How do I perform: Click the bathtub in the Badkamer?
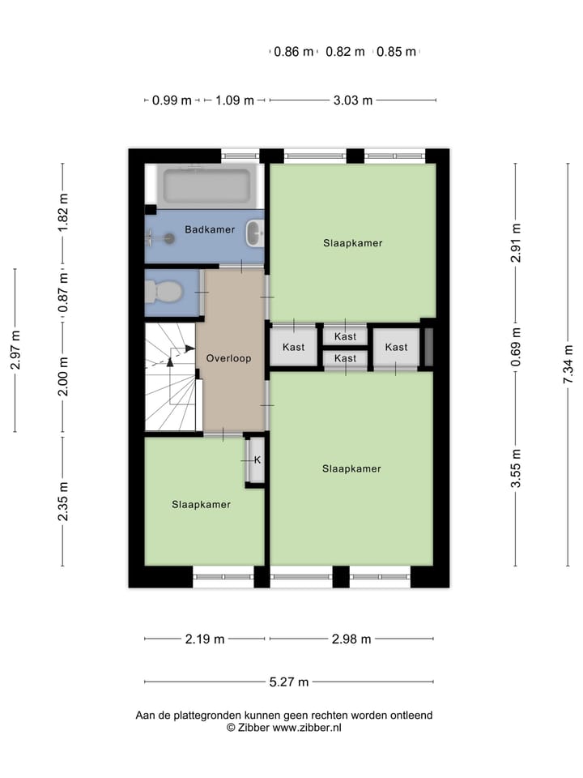[206, 186]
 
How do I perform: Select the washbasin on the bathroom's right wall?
[255, 234]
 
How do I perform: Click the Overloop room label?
[228, 357]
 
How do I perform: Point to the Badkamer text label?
[210, 229]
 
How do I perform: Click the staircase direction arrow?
[180, 353]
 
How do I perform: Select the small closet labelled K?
[257, 460]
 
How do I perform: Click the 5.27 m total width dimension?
[289, 682]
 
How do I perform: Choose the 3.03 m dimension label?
[353, 100]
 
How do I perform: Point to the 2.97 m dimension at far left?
[15, 350]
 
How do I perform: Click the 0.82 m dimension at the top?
[345, 52]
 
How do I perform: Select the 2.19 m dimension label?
[204, 639]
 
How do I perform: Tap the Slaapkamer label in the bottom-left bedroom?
[201, 504]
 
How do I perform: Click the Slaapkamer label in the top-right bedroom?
[352, 242]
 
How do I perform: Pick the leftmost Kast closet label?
[294, 347]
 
